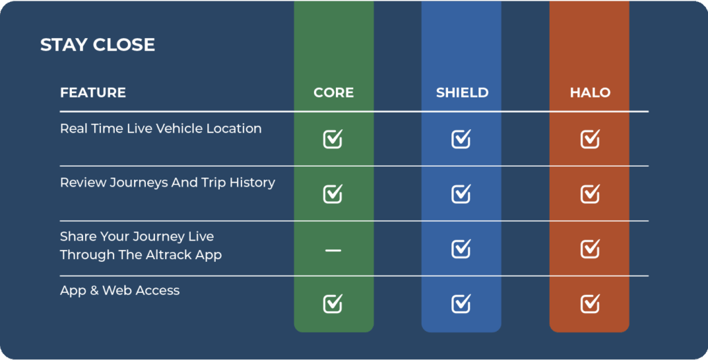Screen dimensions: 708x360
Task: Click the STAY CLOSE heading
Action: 97,45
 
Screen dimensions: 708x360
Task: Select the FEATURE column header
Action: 93,93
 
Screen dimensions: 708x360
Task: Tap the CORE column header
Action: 334,93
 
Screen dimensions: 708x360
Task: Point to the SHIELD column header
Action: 462,93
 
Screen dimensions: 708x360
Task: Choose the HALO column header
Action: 590,93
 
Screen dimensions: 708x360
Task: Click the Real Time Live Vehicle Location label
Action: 160,129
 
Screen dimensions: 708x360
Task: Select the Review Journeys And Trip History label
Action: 167,182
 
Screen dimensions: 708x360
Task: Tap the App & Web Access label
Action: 120,290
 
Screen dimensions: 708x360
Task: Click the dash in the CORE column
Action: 333,250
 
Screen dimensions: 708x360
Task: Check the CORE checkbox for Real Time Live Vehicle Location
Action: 333,139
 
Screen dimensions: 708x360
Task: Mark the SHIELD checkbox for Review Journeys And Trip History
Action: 461,193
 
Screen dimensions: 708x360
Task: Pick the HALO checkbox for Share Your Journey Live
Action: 590,249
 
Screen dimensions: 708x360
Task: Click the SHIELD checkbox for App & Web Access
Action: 461,303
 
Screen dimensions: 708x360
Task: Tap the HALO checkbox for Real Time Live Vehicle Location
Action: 590,139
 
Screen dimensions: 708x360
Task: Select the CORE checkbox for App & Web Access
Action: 333,303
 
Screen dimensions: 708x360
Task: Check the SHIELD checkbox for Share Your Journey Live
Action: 461,249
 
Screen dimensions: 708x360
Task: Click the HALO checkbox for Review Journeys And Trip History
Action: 590,193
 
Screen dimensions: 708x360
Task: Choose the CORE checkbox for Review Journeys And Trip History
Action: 333,193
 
